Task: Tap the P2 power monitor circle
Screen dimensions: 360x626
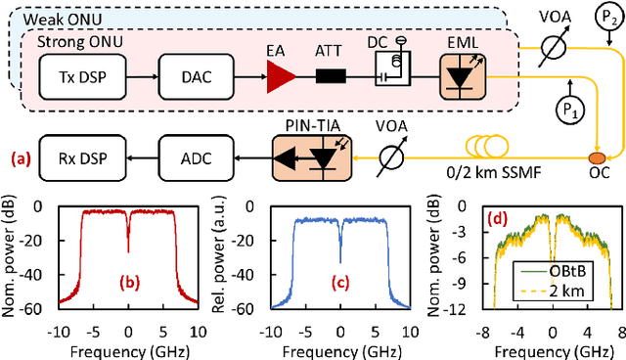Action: (604, 17)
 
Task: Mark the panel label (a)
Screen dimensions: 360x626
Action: (20, 155)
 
